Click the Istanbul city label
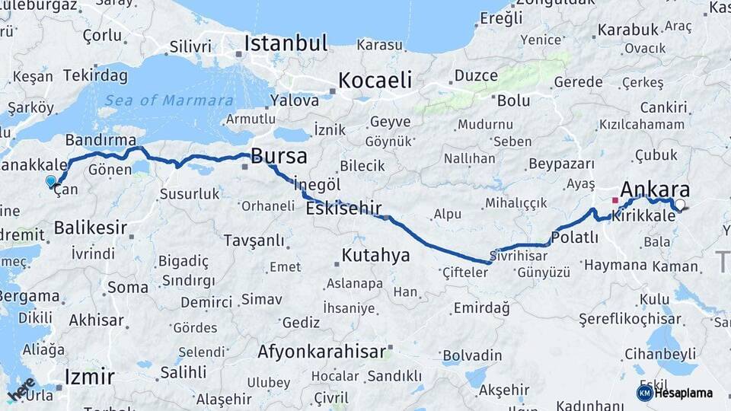coord(286,43)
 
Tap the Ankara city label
coord(655,190)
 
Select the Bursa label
coord(279,157)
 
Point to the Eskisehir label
coord(343,209)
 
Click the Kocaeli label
coord(375,80)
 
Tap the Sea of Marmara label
coord(169,100)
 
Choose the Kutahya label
coord(375,255)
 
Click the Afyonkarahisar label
coord(321,352)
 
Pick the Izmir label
coord(90,377)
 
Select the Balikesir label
coord(90,228)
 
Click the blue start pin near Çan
coord(51,181)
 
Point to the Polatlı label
coord(574,237)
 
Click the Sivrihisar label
coord(519,256)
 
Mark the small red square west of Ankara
coord(614,200)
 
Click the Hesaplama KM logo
coord(675,393)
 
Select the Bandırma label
coord(101,141)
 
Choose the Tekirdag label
coord(95,75)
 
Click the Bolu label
coord(513,100)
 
